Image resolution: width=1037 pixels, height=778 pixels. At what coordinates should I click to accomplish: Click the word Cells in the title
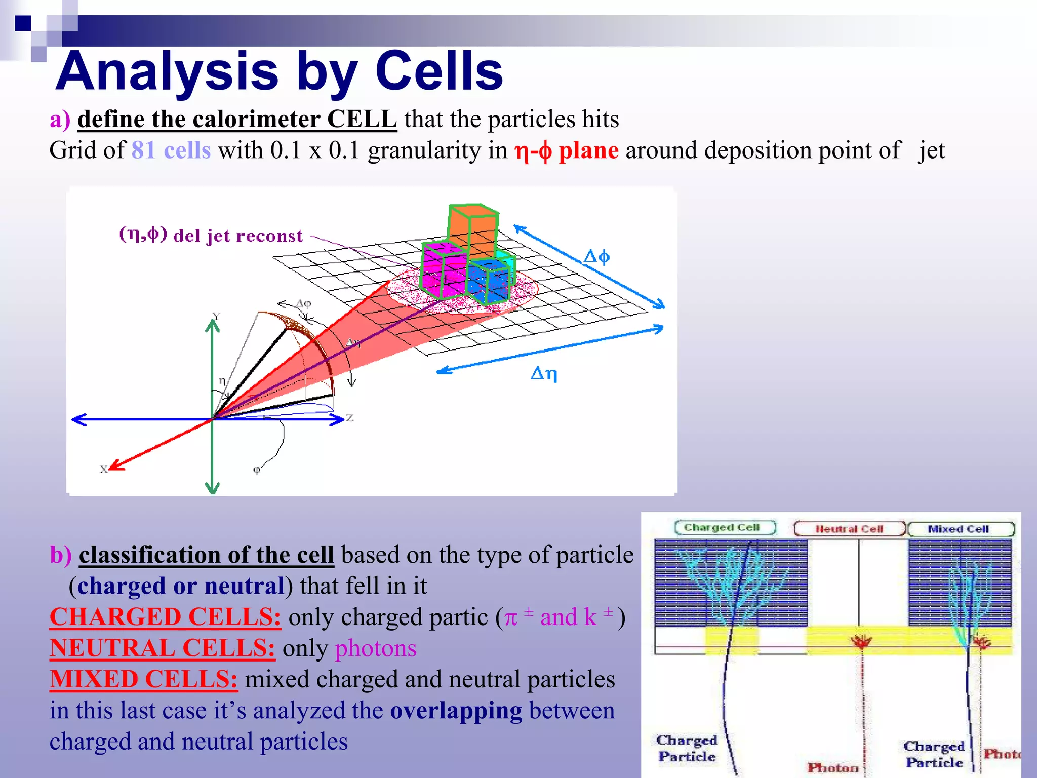[x=438, y=72]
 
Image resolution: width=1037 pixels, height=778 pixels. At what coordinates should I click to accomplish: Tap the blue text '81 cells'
[x=171, y=150]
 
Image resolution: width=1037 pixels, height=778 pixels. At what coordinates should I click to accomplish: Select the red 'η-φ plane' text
[x=566, y=151]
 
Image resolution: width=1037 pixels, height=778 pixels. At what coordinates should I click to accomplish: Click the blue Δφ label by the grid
[x=596, y=257]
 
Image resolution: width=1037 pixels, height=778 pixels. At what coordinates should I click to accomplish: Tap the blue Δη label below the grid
[x=544, y=374]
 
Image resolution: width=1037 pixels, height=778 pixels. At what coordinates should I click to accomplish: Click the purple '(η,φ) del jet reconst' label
[x=211, y=236]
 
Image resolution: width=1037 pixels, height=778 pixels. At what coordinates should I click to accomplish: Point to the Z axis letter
[x=349, y=418]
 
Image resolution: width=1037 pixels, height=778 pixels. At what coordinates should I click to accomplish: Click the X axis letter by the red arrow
[x=103, y=470]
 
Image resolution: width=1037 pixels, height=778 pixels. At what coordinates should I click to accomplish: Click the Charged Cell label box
[x=725, y=528]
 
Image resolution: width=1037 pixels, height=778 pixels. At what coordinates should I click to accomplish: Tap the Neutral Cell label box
[x=849, y=529]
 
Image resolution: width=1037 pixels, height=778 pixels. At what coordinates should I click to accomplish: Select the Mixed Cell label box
[x=960, y=529]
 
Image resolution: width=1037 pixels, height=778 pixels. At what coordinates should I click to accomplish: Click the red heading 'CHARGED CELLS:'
[x=165, y=617]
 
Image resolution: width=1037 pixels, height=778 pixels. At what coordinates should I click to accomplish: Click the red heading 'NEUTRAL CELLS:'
[x=162, y=648]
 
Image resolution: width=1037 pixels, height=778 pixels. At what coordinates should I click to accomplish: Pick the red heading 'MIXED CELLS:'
[x=143, y=679]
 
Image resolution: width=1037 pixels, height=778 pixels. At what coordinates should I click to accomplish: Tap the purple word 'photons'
[x=376, y=648]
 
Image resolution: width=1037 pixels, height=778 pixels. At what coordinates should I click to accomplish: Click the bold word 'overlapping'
[x=456, y=711]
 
